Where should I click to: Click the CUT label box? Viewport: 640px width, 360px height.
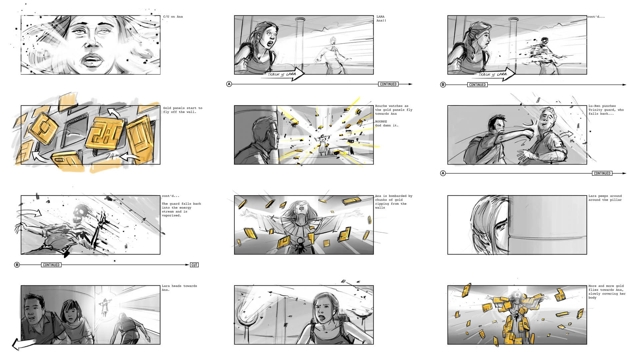click(194, 265)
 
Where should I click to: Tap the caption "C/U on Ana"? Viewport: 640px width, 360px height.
click(173, 17)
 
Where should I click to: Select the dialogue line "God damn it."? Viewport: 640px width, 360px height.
click(387, 126)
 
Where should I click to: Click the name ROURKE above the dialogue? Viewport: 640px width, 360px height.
click(381, 122)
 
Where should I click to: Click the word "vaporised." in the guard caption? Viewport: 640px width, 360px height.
click(172, 216)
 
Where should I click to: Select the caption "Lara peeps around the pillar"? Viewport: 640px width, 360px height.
click(605, 198)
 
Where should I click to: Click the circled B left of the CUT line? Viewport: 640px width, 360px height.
click(17, 265)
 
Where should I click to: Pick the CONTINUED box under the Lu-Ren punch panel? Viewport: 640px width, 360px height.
click(602, 173)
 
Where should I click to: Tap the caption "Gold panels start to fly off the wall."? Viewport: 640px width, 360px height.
click(183, 110)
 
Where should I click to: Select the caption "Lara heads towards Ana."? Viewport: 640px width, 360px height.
click(179, 288)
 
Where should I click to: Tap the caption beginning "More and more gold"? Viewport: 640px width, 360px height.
click(607, 292)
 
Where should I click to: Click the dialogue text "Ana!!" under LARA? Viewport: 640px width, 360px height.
click(381, 21)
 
